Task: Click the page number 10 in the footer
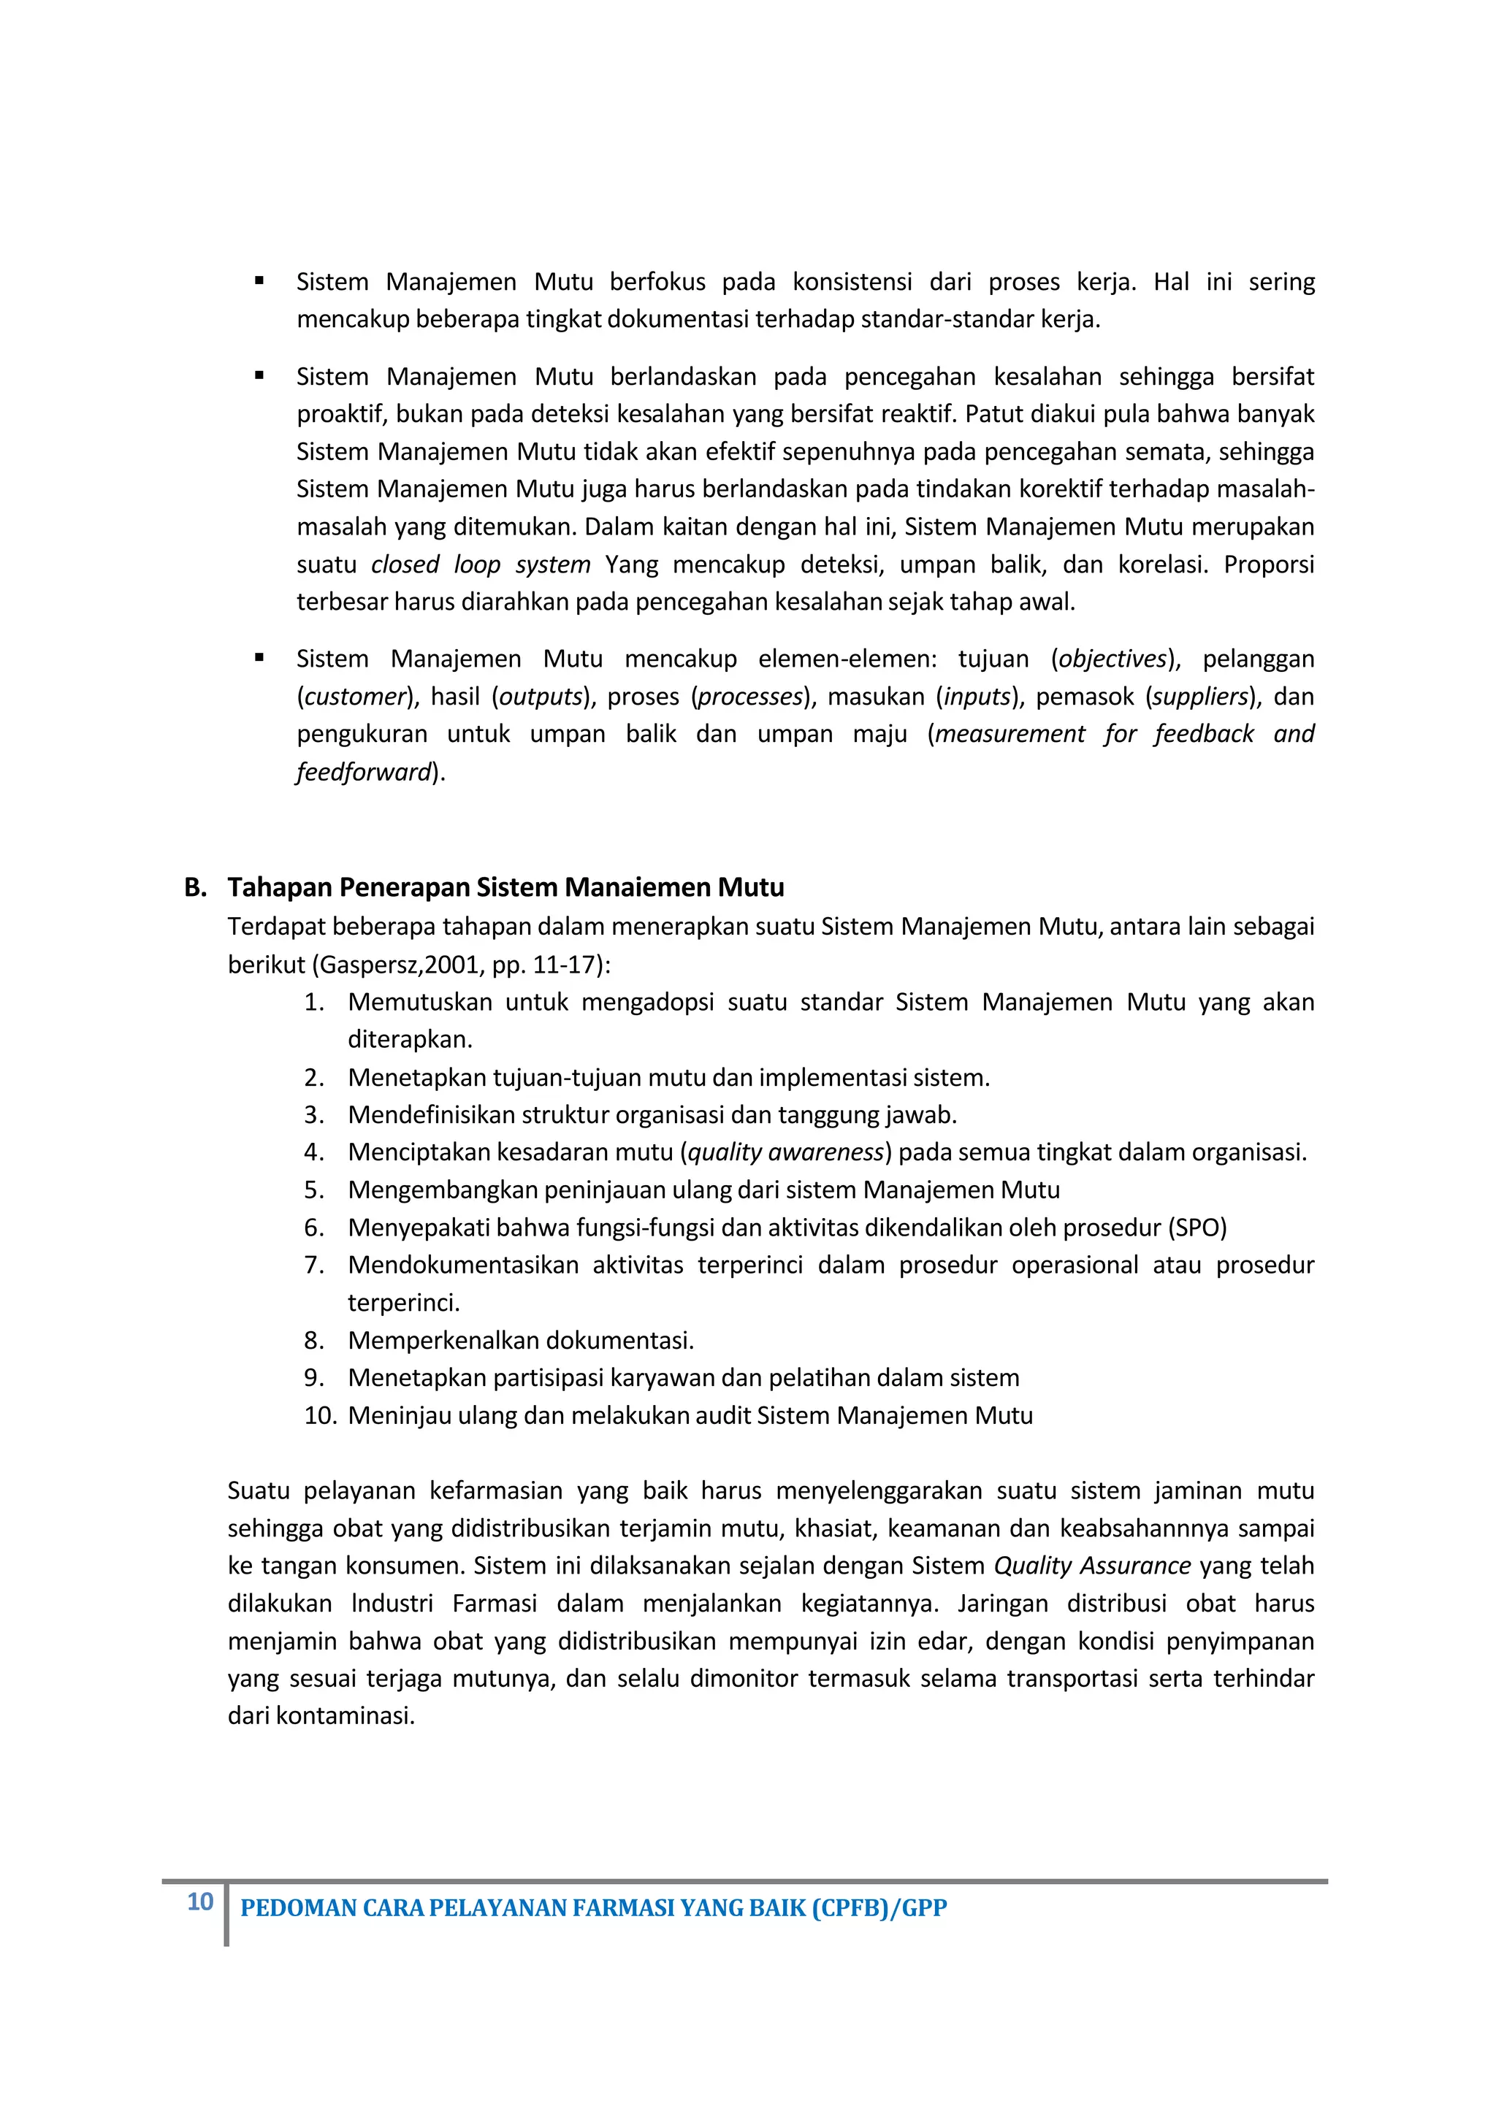point(200,1902)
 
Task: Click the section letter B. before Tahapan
point(194,888)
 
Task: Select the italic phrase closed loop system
point(480,564)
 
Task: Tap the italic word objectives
point(1113,659)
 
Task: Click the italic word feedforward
point(364,773)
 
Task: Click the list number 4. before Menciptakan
point(314,1153)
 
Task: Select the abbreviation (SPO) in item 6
point(1197,1228)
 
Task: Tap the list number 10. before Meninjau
point(320,1416)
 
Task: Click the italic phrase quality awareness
point(786,1153)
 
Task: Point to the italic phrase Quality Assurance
point(1091,1566)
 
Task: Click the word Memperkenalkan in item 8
point(434,1341)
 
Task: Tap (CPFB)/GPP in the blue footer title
point(879,1908)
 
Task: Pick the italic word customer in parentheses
point(355,697)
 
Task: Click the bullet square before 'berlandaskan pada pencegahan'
point(260,376)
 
